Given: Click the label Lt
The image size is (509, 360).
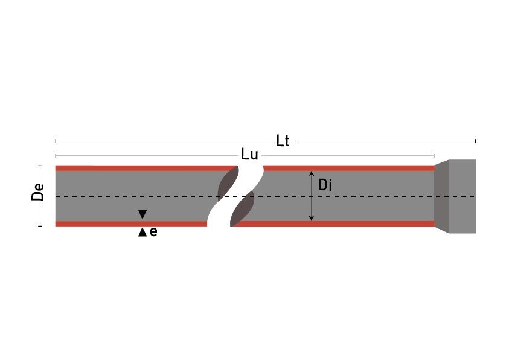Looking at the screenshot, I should tap(283, 141).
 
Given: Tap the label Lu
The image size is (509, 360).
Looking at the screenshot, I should tap(249, 155).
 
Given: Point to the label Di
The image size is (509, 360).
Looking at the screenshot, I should tap(325, 185).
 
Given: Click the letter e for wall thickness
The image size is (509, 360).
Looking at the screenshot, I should tap(153, 232).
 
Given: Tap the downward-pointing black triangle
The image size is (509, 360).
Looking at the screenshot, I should tap(142, 214).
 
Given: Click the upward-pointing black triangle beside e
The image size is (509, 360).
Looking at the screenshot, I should tap(142, 232).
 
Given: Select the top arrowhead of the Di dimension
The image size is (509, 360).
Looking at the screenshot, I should tap(312, 175).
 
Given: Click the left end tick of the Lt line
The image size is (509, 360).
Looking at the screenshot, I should tap(56, 141).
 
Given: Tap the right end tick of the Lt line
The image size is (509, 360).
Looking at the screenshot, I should tap(475, 141).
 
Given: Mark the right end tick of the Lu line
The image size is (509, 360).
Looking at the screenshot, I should tap(435, 156).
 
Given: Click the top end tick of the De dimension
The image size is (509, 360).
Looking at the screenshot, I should tap(40, 166).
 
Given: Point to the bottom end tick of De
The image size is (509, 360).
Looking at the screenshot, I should tap(40, 226).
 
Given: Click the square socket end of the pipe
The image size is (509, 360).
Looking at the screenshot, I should tap(463, 196).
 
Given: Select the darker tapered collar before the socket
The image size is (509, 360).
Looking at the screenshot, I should tap(441, 196).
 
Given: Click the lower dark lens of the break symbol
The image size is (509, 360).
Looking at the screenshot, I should tap(243, 209).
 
